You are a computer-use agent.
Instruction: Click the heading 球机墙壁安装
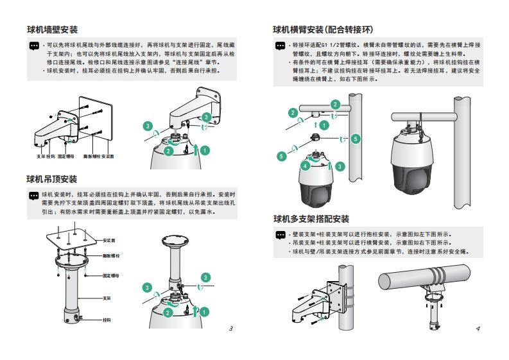click(x=52, y=30)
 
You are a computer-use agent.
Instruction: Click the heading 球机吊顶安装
click(x=52, y=179)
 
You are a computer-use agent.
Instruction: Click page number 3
click(x=230, y=329)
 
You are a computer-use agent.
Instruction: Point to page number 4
click(x=478, y=329)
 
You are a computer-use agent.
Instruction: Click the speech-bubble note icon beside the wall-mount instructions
click(x=34, y=47)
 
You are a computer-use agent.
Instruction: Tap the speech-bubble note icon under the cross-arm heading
click(x=280, y=46)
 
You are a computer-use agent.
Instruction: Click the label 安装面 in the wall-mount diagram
click(x=107, y=156)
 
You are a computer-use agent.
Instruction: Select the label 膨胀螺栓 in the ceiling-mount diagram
click(x=112, y=256)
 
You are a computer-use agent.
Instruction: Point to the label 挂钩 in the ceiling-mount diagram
click(x=107, y=319)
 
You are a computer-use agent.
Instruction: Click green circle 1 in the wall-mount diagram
click(x=205, y=150)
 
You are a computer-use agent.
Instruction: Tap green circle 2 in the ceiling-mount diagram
click(x=168, y=312)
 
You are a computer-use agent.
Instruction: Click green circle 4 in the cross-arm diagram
click(x=306, y=166)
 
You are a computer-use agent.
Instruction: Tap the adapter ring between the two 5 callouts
click(x=316, y=138)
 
